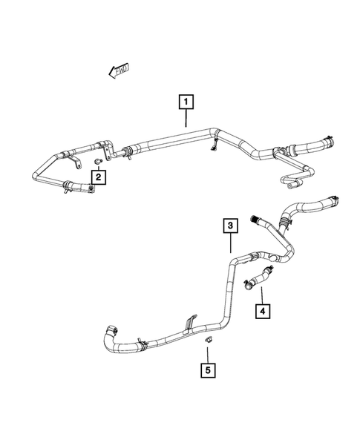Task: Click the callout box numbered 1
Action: [x=186, y=100]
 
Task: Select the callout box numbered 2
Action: [x=97, y=177]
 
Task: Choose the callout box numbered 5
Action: [x=209, y=367]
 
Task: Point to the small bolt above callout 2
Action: [x=99, y=160]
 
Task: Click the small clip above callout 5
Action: [x=209, y=340]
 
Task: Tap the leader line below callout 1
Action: [x=186, y=119]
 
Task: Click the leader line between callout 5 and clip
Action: [x=209, y=352]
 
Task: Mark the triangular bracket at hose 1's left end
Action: [x=108, y=152]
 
